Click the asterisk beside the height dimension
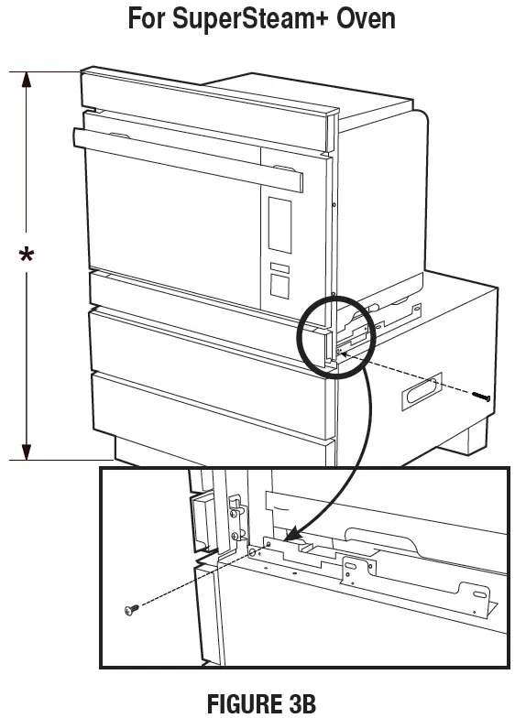(x=27, y=256)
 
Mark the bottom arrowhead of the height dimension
(x=27, y=451)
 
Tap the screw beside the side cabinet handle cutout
(x=483, y=397)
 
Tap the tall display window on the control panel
(x=279, y=225)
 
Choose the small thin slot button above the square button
(x=278, y=268)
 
